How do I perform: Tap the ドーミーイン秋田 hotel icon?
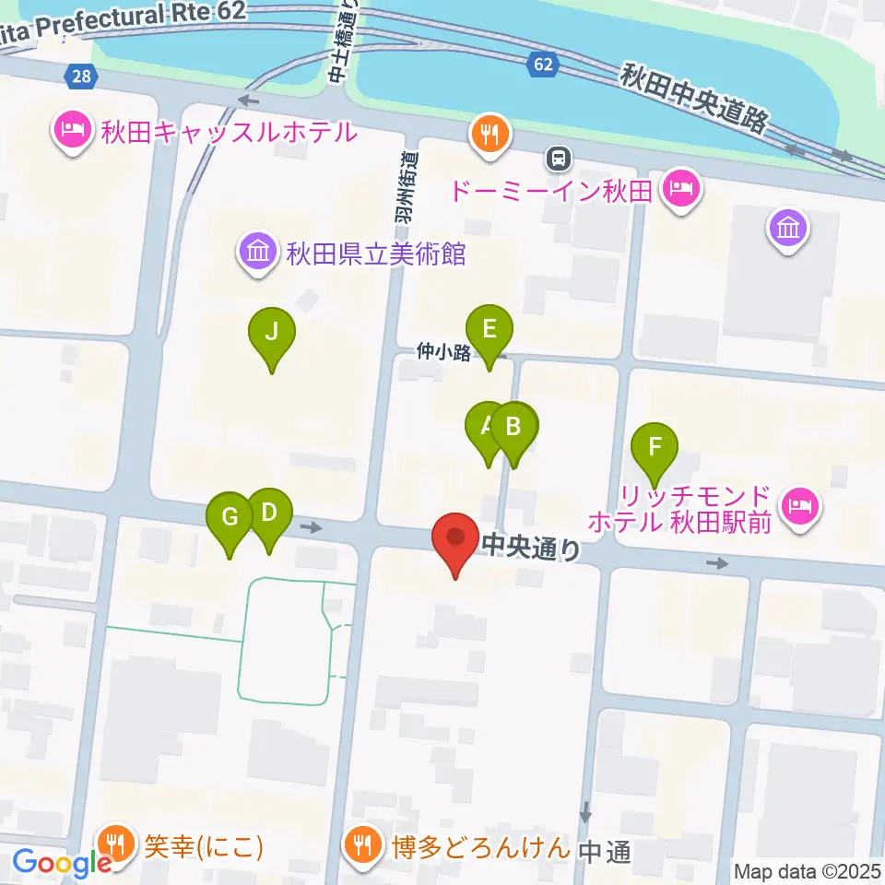(x=682, y=192)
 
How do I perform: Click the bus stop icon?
(x=558, y=159)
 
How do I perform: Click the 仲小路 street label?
(x=443, y=350)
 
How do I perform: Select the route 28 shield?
(x=81, y=76)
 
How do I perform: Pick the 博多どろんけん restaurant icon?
(x=359, y=844)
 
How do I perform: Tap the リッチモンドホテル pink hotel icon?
(x=798, y=506)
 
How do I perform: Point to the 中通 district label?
(x=606, y=852)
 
